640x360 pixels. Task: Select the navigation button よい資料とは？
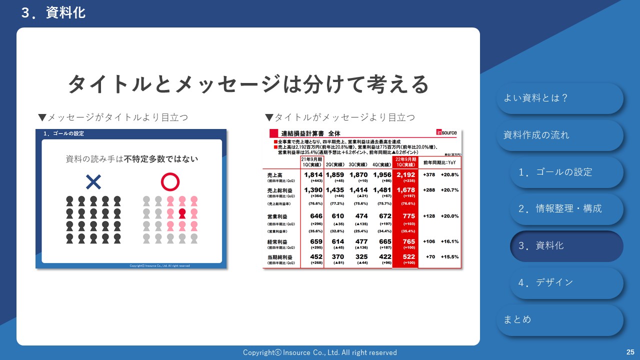559,98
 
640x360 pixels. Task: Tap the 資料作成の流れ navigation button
559,135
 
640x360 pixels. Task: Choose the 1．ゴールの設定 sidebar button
566,172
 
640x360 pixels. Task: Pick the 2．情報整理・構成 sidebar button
566,209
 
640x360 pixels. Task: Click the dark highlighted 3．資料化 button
566,246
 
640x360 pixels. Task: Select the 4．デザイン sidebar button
566,283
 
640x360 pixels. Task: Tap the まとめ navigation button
559,319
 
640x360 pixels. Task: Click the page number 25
630,352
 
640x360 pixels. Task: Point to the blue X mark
93,182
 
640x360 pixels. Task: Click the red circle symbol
170,182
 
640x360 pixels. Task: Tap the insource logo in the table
446,132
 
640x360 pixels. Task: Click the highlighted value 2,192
405,174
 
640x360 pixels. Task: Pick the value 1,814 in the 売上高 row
312,174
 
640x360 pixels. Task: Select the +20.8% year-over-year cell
449,175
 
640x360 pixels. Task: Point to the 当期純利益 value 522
405,257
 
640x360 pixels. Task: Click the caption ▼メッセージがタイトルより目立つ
113,117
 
